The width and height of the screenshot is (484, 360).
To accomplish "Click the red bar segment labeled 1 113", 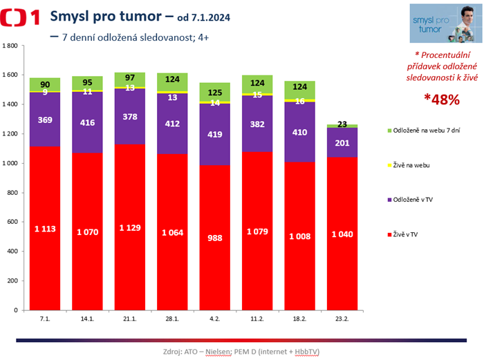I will pos(46,228).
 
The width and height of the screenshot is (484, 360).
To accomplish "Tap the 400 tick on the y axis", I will pos(14,252).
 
